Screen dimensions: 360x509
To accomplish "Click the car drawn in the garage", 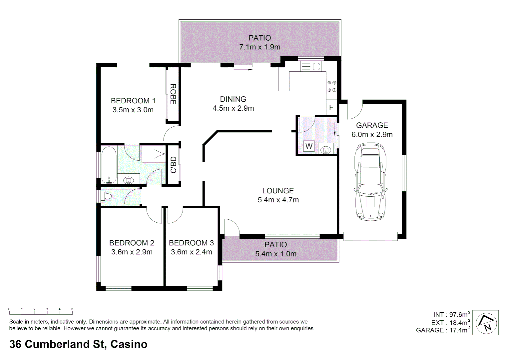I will point(371,182).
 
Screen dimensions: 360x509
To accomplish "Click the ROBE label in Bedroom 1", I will point(173,94).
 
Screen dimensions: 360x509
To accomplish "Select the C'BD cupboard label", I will point(173,165).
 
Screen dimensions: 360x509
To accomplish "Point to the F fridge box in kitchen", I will point(331,107).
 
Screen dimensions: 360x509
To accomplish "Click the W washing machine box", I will point(309,146).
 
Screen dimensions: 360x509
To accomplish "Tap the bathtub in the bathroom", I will point(109,165).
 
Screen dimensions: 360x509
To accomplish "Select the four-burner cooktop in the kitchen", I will point(331,86).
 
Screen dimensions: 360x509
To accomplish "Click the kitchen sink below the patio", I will point(311,67).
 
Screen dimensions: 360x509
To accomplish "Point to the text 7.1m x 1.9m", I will point(259,47).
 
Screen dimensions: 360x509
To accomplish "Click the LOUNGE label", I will point(278,191).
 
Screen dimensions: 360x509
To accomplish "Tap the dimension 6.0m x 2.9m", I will point(372,135).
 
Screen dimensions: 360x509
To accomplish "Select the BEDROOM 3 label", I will point(191,243).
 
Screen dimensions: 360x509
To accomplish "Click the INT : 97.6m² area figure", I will point(451,314).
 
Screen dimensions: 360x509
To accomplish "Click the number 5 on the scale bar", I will point(72,309).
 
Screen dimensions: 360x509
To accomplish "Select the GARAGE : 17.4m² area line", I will point(443,330).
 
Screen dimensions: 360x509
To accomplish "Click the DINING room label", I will point(233,99).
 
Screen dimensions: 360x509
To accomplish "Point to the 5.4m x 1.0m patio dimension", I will point(275,254).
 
